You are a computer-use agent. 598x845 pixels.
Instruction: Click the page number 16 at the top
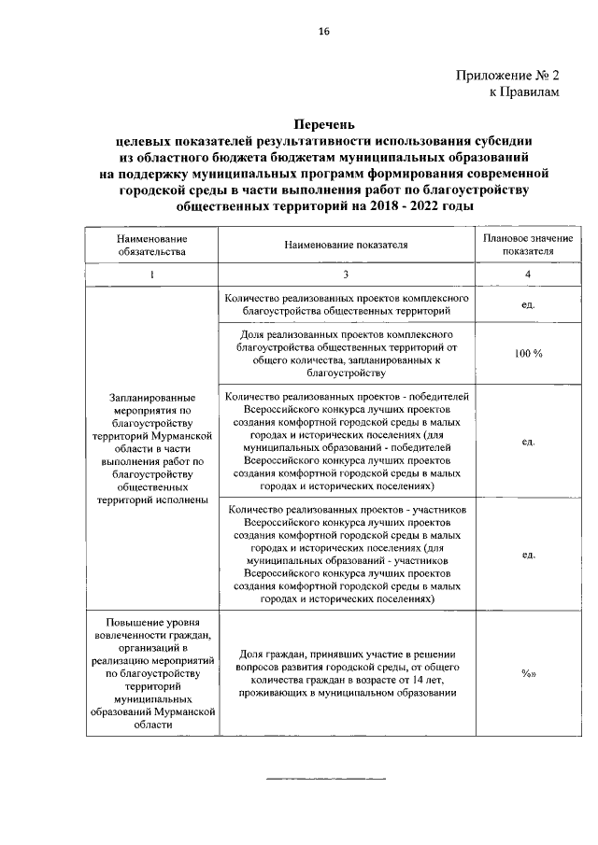tap(323, 31)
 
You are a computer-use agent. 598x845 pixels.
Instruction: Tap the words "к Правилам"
tap(525, 92)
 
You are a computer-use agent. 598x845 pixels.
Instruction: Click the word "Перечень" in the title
tap(323, 124)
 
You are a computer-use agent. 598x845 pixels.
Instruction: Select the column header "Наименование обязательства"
tap(151, 245)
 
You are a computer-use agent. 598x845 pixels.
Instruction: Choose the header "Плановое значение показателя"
tap(528, 245)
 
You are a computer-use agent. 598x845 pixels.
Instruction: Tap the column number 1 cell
tap(151, 274)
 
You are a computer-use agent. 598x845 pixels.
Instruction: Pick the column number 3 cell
tap(345, 274)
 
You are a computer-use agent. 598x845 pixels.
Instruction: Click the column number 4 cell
tap(528, 274)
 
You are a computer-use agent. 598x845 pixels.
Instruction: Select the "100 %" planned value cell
tap(528, 352)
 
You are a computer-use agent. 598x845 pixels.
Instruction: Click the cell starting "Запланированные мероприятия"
tap(151, 448)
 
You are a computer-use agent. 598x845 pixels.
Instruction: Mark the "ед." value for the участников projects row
tap(528, 554)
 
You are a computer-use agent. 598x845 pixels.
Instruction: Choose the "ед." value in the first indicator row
tap(528, 304)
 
